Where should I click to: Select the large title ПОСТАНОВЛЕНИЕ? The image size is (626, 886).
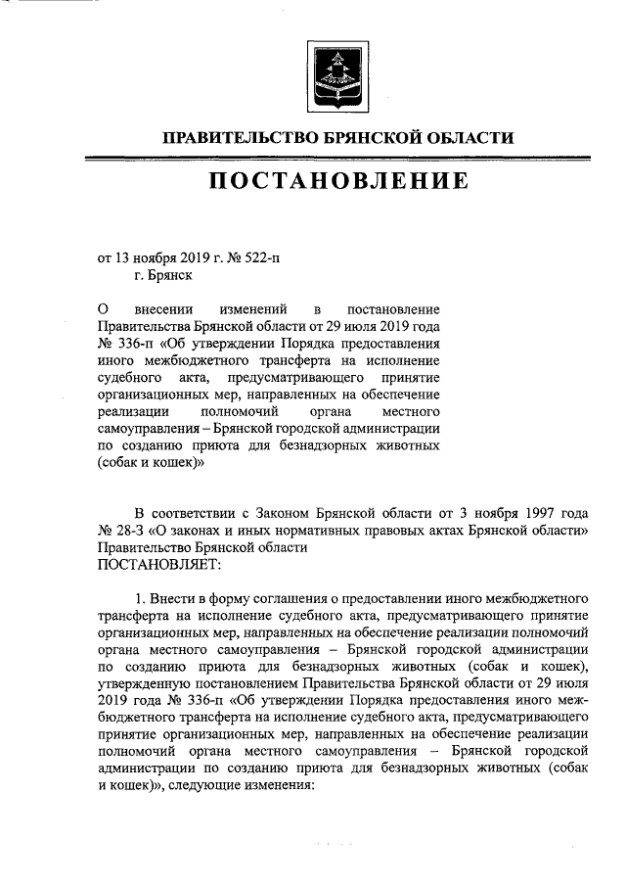click(336, 181)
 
